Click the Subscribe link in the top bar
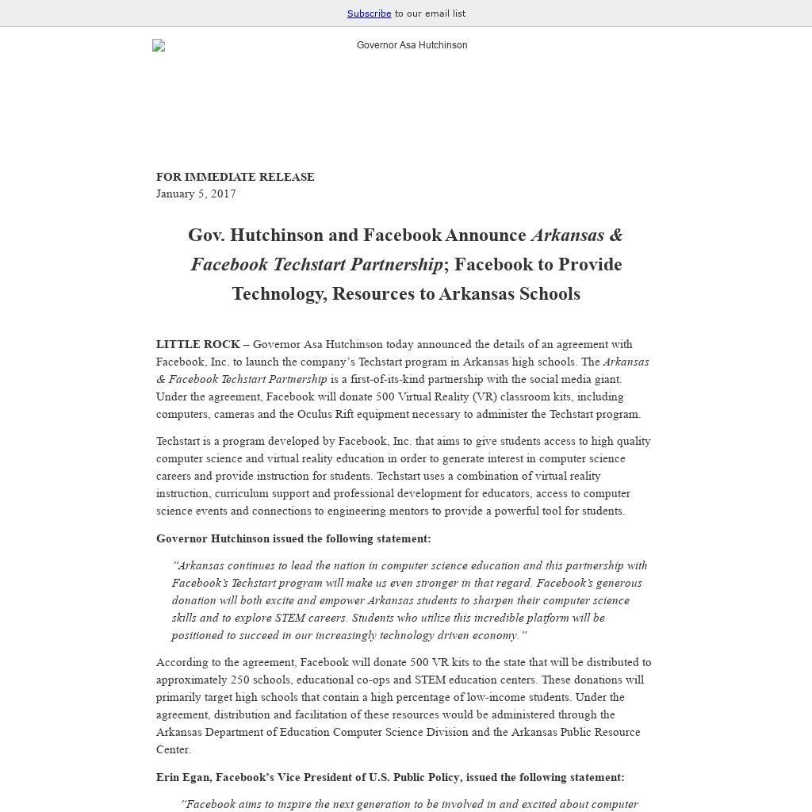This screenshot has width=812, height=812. tap(369, 13)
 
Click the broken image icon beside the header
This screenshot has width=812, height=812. tap(159, 46)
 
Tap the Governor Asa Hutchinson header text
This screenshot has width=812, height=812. tap(412, 45)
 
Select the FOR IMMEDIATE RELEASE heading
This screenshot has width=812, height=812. tap(235, 177)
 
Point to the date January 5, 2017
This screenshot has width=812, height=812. tap(196, 193)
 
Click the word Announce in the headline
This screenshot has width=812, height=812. tap(485, 236)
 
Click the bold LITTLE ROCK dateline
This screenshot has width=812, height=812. tap(197, 344)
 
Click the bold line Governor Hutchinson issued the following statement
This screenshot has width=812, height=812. tap(293, 538)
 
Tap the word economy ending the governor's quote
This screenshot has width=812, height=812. tap(496, 635)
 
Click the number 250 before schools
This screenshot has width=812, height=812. tap(240, 680)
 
